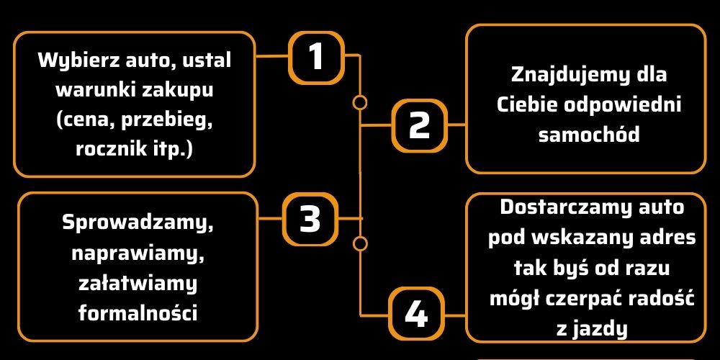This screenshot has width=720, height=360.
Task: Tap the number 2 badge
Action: [x=419, y=125]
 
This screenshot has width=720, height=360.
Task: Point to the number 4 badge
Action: [x=415, y=313]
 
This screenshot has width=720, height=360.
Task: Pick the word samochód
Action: [x=589, y=135]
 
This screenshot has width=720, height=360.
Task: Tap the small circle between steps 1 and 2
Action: [x=359, y=102]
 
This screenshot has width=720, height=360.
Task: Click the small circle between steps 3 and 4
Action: [x=360, y=242]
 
